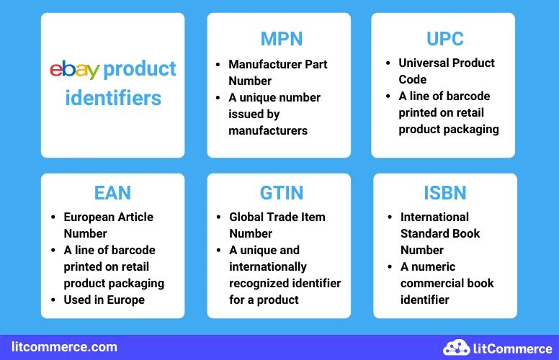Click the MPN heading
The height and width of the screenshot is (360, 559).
[282, 38]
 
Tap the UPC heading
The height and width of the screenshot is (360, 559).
[444, 37]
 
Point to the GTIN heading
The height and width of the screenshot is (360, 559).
[282, 193]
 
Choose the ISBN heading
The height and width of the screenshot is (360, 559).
[444, 193]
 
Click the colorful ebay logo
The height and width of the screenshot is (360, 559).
[74, 70]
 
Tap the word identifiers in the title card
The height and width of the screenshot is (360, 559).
[113, 97]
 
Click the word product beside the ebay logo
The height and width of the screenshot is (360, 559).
[140, 70]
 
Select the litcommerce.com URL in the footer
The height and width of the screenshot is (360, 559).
[64, 347]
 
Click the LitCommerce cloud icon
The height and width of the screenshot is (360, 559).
[456, 348]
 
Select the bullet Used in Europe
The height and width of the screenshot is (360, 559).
[104, 300]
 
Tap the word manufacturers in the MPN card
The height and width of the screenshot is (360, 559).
[268, 130]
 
